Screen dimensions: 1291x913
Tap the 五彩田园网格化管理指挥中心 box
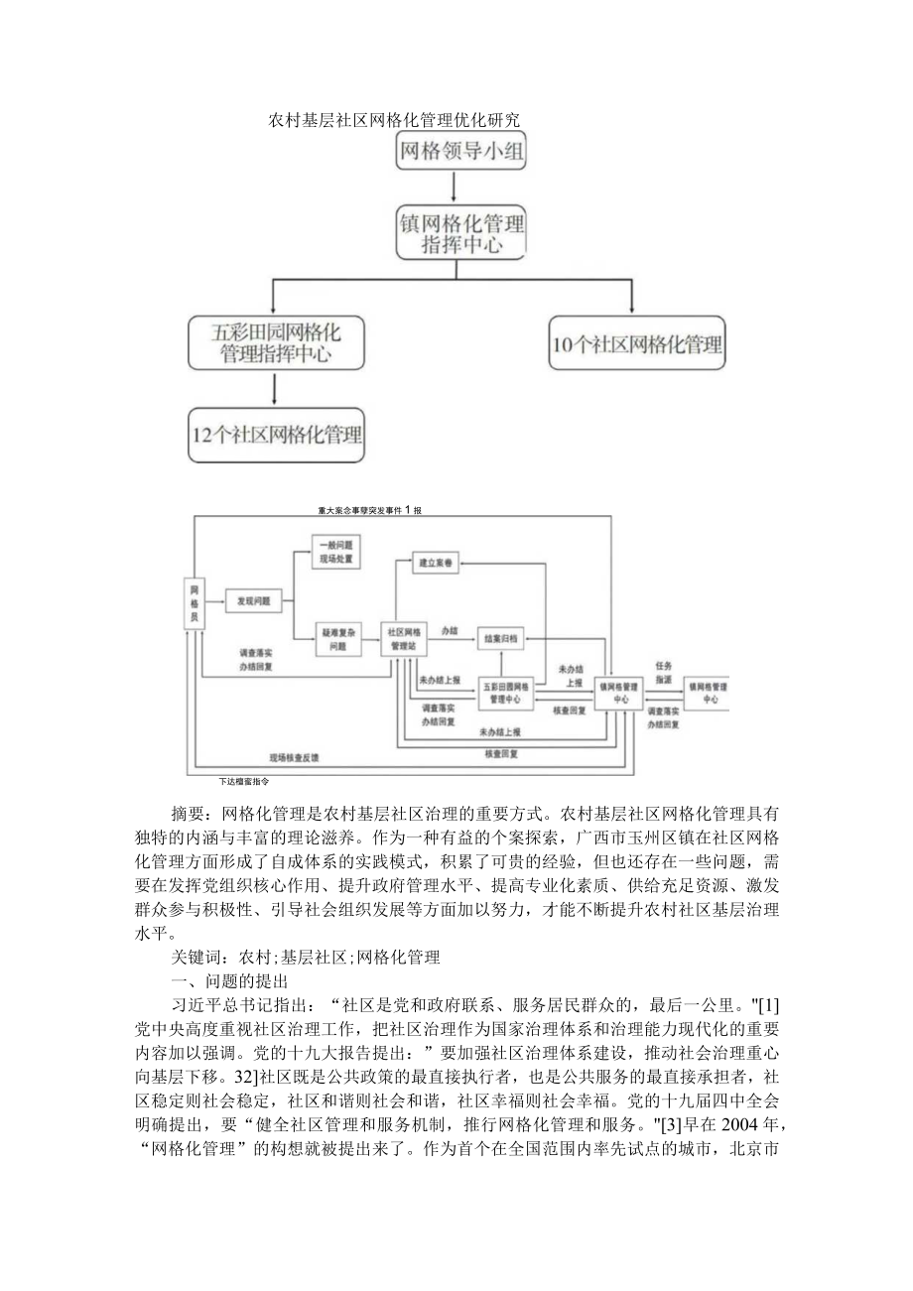276,342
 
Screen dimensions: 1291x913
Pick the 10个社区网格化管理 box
637,344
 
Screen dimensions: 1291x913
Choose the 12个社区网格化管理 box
276,435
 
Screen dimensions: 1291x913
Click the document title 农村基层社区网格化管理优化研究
395,120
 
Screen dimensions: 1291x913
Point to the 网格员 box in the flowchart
195,602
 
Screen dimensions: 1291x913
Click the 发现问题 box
254,600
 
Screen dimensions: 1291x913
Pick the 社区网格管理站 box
404,638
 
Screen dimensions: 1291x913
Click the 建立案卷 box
435,563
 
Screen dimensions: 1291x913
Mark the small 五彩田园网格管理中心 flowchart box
505,692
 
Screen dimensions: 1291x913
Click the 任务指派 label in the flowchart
664,672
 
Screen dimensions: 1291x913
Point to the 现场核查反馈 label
294,757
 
